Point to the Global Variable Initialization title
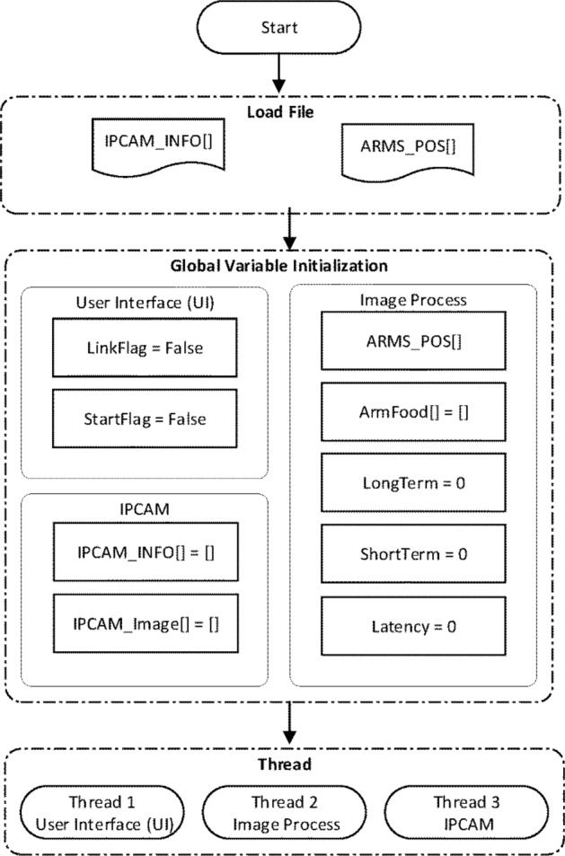pos(279,266)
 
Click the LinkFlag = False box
pos(145,349)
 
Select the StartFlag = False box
pos(145,419)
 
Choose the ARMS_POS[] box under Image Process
pos(412,340)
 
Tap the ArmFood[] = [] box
pos(412,411)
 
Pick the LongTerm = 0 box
pos(412,482)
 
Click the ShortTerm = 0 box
pos(412,552)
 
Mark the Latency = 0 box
pos(412,624)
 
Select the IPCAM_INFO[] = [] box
pos(145,550)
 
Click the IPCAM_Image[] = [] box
pos(145,621)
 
